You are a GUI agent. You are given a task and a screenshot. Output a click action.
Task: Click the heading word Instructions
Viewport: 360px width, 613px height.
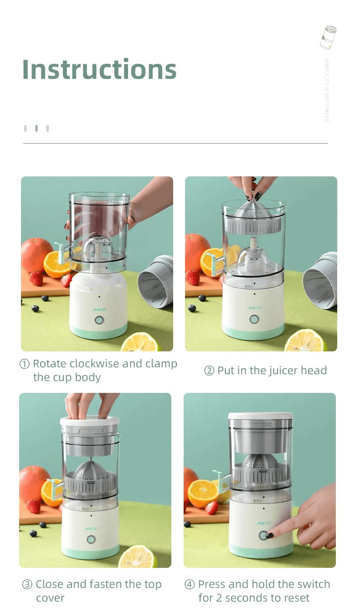(99, 69)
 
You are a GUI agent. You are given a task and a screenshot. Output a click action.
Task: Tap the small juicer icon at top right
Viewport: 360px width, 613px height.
(328, 37)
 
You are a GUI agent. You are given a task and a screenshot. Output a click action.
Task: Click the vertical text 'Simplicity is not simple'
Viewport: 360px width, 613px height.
(326, 90)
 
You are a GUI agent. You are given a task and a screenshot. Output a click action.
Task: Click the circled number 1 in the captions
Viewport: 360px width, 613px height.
(25, 364)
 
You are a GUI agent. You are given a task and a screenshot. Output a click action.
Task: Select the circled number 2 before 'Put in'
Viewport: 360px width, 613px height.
(209, 371)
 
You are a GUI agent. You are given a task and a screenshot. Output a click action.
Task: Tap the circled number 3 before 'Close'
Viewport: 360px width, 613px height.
(27, 585)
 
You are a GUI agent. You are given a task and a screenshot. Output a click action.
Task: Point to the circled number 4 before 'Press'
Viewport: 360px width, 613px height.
(190, 585)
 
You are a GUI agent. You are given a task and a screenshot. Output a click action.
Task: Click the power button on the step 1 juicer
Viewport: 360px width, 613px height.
(99, 320)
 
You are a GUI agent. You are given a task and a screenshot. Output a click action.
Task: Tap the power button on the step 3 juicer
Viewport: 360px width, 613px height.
(91, 540)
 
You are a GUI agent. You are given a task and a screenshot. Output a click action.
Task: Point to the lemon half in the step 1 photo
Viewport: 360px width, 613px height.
(140, 343)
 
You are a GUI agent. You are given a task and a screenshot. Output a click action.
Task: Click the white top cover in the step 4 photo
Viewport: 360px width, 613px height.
(260, 417)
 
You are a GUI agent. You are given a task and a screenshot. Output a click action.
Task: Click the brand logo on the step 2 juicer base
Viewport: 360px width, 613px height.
(254, 308)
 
